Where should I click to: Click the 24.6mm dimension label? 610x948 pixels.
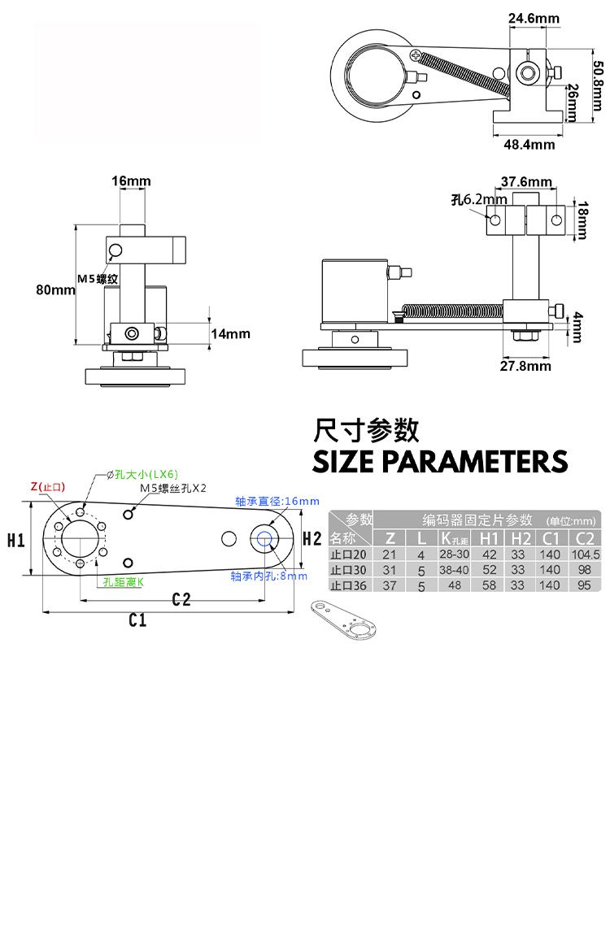point(534,18)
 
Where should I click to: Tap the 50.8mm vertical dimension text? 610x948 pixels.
point(597,85)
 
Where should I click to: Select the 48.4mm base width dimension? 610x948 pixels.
point(529,145)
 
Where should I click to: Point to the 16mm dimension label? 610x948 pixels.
point(131,180)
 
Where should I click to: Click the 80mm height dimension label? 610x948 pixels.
point(55,289)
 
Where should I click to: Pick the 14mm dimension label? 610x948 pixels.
point(230,333)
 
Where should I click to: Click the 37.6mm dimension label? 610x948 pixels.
point(526,181)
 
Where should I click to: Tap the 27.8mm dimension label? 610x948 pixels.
point(525,366)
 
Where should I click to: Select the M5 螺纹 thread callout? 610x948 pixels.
point(98,279)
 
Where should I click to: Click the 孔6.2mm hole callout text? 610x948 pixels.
point(479,199)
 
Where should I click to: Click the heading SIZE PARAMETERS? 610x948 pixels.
point(440,461)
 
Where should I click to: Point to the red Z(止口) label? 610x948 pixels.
point(48,487)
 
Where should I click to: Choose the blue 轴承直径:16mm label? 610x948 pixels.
point(277,501)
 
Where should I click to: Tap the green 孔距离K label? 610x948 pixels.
point(124,582)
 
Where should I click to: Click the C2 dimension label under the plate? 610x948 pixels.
point(181,599)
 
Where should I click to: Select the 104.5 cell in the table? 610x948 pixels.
point(586,554)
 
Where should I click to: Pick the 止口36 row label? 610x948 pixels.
point(348,585)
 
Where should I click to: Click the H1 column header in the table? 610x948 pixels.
point(489,538)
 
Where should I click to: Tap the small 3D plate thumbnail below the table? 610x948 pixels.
point(342,620)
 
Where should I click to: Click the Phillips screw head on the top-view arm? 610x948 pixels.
point(417,55)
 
